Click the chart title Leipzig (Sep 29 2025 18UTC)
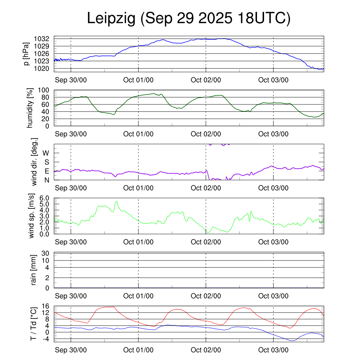pos(189,19)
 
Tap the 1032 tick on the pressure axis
pos(44,39)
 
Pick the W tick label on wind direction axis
pos(46,153)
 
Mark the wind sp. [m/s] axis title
pos(32,216)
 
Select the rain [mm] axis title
pos(34,270)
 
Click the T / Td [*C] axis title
pos(33,323)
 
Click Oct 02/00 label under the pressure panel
pos(206,80)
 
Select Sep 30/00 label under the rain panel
pos(71,296)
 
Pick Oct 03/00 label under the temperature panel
pos(273,350)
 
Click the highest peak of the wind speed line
pos(116,201)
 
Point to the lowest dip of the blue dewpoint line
pos(292,341)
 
